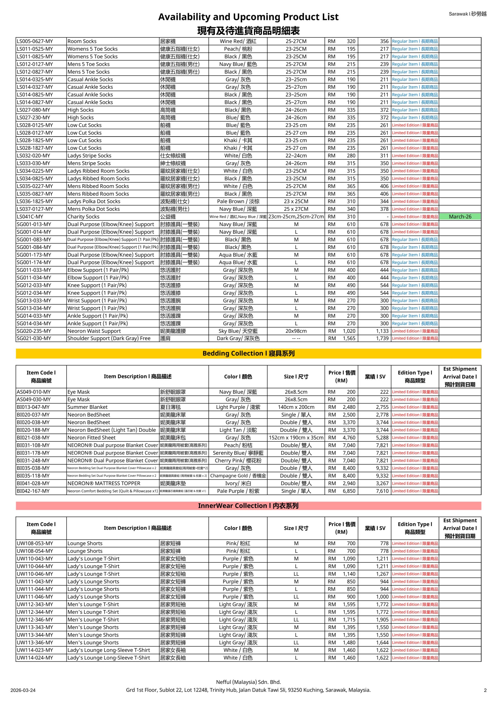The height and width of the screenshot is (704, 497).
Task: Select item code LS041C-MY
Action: click(30, 216)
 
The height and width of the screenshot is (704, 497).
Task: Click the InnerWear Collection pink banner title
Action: click(248, 506)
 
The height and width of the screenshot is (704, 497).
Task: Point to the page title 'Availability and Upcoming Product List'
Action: click(248, 17)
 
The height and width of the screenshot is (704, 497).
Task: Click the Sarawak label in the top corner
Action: click(467, 14)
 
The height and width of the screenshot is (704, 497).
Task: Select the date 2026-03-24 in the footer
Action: click(23, 690)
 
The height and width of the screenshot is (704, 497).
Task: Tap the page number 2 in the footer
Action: click(485, 690)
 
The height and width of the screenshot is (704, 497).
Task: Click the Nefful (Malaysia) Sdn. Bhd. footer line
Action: click(248, 682)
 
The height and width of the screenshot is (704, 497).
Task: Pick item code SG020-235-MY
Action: click(34, 331)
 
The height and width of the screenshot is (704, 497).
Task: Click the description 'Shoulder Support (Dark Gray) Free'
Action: click(109, 338)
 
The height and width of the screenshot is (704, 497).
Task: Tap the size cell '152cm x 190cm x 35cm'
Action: click(296, 438)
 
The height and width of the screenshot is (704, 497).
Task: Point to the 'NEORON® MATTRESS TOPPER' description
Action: click(104, 483)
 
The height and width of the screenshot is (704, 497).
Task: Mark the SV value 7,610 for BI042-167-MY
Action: click(382, 491)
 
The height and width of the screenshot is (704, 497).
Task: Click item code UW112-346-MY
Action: click(35, 619)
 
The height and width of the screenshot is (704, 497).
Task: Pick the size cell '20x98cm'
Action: click(296, 331)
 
